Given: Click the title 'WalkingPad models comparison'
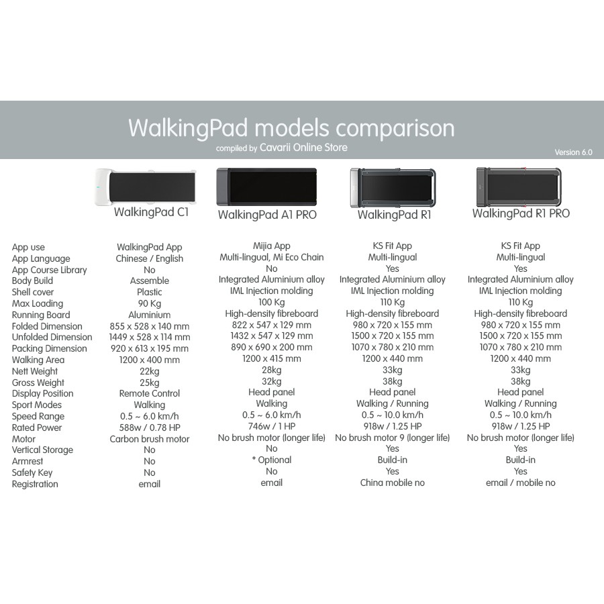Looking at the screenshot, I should click(291, 128).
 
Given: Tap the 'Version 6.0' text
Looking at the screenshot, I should click(573, 152).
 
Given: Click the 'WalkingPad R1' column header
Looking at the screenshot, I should click(394, 215).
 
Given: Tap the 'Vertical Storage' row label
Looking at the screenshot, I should click(42, 450).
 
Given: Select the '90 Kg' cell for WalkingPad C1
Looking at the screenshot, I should click(149, 303).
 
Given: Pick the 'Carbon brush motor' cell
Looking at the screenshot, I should click(150, 439).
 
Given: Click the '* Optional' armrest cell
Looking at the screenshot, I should click(271, 460).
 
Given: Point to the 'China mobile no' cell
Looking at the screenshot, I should click(392, 483).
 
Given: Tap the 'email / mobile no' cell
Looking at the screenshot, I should click(520, 483).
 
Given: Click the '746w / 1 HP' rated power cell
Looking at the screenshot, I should click(271, 426).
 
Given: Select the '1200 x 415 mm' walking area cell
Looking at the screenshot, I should click(271, 358).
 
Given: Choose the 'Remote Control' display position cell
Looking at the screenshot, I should click(150, 393).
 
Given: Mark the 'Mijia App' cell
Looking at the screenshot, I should click(271, 246).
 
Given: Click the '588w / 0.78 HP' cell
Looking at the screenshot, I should click(150, 427).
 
